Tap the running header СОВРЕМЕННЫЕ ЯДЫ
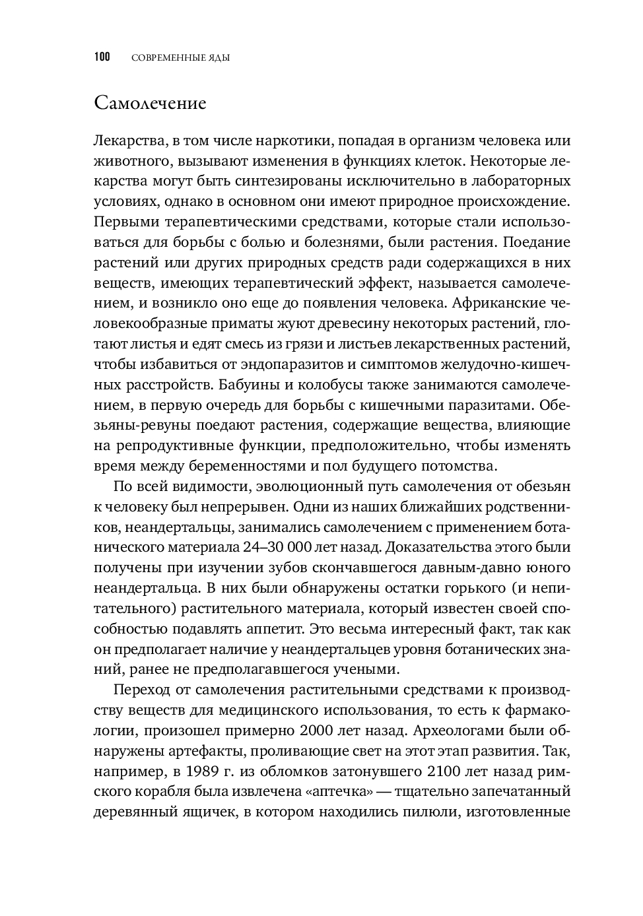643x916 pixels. coord(180,58)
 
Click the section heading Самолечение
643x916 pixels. coord(150,104)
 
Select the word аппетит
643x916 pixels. coord(274,628)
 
